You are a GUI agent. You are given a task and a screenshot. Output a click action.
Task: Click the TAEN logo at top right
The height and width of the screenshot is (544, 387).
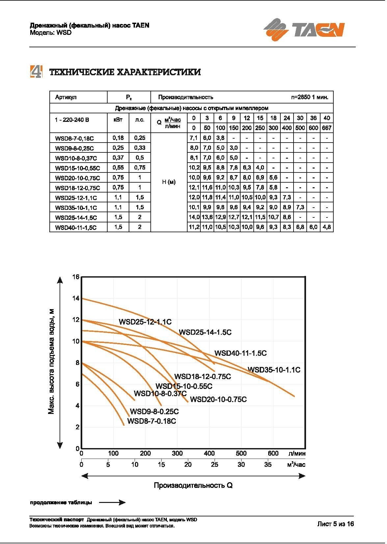[304, 29]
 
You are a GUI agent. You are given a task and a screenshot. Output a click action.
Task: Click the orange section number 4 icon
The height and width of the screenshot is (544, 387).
[36, 72]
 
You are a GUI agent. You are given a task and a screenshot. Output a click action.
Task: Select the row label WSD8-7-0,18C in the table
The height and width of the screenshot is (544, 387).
[74, 138]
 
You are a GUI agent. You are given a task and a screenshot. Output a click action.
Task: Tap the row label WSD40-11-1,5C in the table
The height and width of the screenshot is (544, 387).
[76, 227]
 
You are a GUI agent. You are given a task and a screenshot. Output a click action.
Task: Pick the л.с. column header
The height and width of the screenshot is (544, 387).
[140, 120]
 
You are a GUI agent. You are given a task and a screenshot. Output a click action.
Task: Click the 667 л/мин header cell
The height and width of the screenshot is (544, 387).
[326, 128]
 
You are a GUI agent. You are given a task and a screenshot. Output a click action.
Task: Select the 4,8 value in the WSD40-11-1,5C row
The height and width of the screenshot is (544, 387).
[326, 227]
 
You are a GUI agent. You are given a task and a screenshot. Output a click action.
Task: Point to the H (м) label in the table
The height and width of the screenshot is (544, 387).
[169, 182]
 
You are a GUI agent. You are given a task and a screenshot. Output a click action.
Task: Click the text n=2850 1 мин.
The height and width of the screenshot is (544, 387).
[310, 97]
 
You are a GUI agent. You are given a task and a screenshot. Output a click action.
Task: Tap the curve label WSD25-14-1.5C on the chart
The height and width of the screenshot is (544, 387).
[205, 332]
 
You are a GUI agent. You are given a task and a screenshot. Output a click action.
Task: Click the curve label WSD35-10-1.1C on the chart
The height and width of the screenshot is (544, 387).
[274, 370]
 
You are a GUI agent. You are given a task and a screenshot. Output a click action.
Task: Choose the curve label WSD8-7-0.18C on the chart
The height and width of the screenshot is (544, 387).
[152, 421]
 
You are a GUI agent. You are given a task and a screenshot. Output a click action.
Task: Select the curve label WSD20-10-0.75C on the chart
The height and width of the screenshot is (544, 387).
[218, 399]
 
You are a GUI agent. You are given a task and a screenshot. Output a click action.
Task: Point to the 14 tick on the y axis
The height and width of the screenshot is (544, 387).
[76, 298]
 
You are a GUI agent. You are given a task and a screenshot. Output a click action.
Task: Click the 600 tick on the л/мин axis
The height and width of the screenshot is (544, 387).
[273, 454]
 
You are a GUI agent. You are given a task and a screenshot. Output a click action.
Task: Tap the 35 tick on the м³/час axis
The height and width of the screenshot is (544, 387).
[268, 465]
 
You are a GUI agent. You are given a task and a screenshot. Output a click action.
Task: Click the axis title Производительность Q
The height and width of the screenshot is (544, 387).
[193, 486]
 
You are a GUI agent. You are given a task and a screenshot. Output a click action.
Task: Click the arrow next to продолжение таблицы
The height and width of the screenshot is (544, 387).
[112, 502]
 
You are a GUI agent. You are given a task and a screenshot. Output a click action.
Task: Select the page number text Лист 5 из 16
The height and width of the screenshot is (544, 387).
[335, 524]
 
